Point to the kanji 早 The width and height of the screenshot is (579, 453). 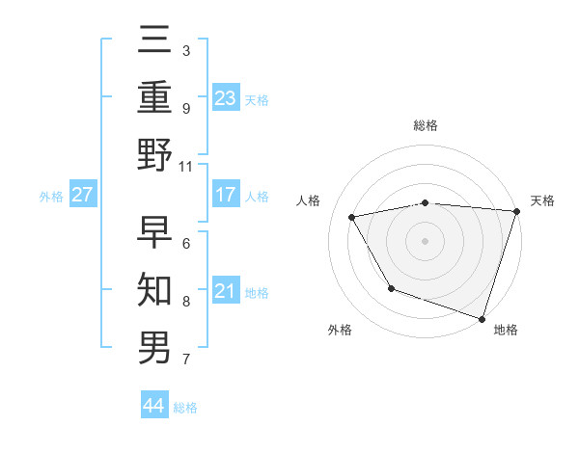click(155, 231)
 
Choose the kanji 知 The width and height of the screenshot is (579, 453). click(155, 289)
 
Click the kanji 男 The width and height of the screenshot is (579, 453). click(155, 347)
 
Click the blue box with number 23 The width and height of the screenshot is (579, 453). click(225, 97)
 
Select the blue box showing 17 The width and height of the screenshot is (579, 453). click(225, 195)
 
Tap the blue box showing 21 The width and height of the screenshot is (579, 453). click(225, 291)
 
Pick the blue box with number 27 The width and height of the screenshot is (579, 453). click(82, 195)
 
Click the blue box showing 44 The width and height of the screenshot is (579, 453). click(154, 406)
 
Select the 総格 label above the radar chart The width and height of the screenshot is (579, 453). click(425, 125)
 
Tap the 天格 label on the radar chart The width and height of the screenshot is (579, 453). click(542, 200)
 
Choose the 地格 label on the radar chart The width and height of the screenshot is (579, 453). click(506, 331)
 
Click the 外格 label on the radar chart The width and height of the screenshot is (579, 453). click(340, 331)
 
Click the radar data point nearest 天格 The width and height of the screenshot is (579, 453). click(516, 211)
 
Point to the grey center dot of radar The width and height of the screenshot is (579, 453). click(425, 240)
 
